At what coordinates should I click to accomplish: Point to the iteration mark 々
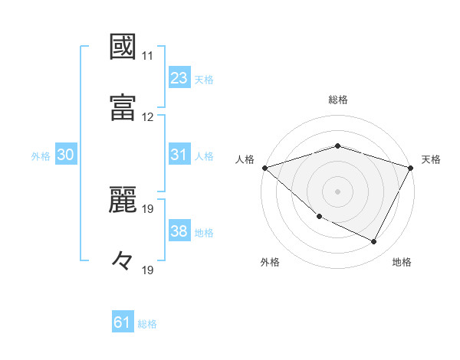click(123, 260)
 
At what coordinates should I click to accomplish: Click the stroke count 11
click(148, 56)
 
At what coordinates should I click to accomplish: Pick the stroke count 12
click(148, 117)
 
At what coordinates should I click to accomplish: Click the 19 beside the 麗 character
click(148, 208)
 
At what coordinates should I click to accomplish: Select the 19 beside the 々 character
click(148, 270)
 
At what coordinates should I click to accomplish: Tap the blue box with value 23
click(179, 77)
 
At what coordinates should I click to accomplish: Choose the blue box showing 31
click(179, 155)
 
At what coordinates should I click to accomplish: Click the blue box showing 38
click(179, 231)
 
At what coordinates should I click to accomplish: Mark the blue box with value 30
click(65, 155)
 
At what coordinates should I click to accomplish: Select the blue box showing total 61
click(123, 322)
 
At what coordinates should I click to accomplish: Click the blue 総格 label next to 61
click(147, 324)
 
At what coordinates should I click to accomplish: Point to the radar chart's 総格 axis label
click(338, 100)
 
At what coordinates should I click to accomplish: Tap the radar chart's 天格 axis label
click(431, 159)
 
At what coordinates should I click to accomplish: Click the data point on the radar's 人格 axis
click(264, 167)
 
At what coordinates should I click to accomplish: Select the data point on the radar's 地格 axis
click(374, 242)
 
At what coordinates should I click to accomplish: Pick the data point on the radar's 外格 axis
click(319, 217)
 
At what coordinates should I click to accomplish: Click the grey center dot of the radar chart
click(337, 191)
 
